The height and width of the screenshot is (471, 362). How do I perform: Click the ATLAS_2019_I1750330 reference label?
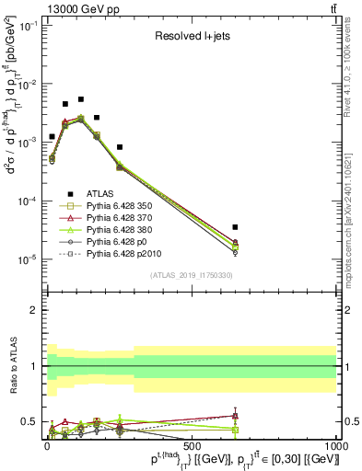[192, 275]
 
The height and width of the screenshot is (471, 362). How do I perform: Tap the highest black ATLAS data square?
[81, 99]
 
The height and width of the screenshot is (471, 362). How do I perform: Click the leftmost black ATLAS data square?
[52, 136]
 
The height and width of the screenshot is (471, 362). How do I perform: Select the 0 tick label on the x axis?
[46, 444]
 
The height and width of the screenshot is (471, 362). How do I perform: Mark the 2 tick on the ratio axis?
[35, 310]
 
